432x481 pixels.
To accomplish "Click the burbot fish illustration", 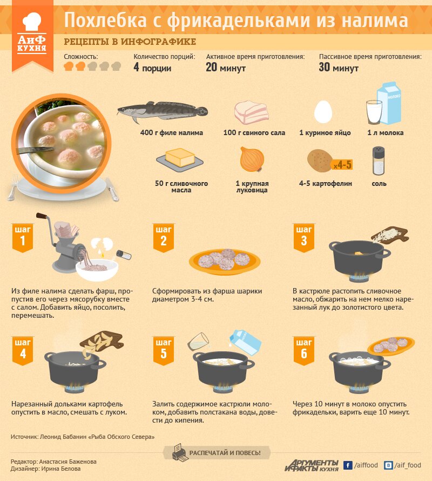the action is coord(163,112).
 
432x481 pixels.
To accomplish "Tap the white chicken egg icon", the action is coord(323,112).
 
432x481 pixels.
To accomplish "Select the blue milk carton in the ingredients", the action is coord(389,103).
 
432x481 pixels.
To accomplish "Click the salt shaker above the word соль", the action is coord(379,161).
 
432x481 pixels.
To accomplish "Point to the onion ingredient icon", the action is coord(252,159).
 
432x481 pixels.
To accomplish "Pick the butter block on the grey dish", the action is coord(180,157).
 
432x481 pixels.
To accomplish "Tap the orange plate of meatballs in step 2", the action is coord(225,262).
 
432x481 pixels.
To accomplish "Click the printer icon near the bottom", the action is coord(180,452).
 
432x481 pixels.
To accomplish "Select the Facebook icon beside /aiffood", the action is coord(347,465).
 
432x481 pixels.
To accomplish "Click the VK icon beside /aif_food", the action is coord(388,465).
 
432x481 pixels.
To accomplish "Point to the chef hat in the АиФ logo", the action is coord(32,22).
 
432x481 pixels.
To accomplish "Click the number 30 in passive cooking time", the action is coord(325,67).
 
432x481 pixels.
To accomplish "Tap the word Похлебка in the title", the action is coord(105,21).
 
